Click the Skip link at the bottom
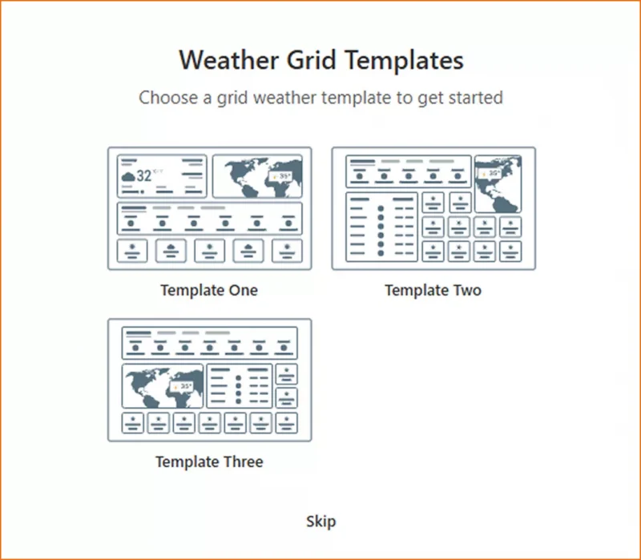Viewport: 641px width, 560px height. click(320, 522)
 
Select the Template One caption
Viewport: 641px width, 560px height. click(209, 290)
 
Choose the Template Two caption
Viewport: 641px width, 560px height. click(433, 290)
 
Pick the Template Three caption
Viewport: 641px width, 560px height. click(209, 461)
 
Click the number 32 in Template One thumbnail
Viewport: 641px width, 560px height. click(143, 176)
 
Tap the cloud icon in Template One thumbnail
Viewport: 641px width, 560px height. click(127, 177)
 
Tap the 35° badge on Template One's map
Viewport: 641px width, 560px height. click(282, 175)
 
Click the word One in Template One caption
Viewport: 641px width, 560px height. click(243, 290)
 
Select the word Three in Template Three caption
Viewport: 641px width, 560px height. click(243, 461)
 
